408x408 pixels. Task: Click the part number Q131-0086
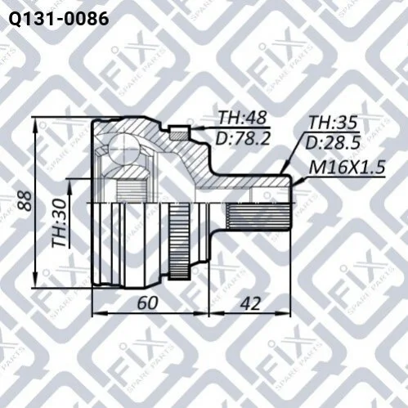[59, 19]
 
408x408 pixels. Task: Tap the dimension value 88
[24, 200]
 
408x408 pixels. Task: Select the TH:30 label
[60, 223]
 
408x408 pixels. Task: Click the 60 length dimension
[147, 303]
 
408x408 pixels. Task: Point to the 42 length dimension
[250, 303]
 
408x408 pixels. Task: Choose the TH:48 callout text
[242, 119]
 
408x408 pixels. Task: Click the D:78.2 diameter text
[243, 138]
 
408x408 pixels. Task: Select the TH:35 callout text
[333, 123]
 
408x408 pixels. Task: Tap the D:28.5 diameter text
[333, 142]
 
